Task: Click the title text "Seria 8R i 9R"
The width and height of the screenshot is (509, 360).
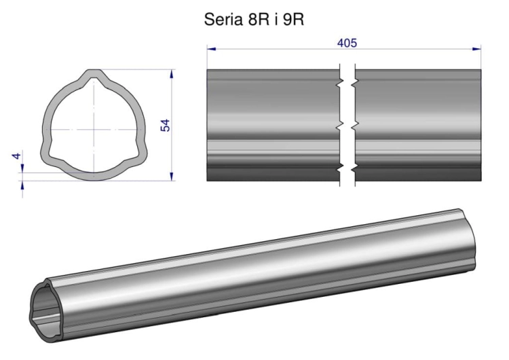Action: [x=254, y=20]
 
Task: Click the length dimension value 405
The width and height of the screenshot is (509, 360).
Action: [x=347, y=43]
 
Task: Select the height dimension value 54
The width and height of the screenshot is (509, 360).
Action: [x=166, y=126]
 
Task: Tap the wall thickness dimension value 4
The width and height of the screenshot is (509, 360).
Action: [x=16, y=156]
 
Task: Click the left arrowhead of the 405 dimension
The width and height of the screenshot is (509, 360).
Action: [x=211, y=49]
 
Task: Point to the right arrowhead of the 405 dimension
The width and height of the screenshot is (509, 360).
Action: [x=476, y=49]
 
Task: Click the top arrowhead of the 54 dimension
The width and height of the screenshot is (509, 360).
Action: [x=172, y=74]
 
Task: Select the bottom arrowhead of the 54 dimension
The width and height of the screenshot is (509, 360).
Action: [x=172, y=177]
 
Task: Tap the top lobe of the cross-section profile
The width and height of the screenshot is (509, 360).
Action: [x=94, y=74]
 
